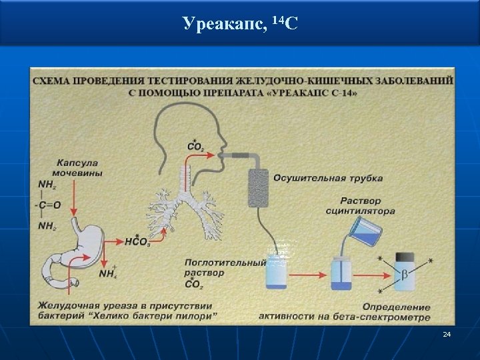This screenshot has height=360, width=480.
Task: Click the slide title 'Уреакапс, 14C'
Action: pyautogui.click(x=239, y=25)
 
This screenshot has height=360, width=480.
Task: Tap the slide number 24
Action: pyautogui.click(x=447, y=333)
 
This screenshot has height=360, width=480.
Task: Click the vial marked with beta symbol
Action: pyautogui.click(x=405, y=272)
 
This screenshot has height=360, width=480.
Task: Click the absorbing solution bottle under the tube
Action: pyautogui.click(x=275, y=273)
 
